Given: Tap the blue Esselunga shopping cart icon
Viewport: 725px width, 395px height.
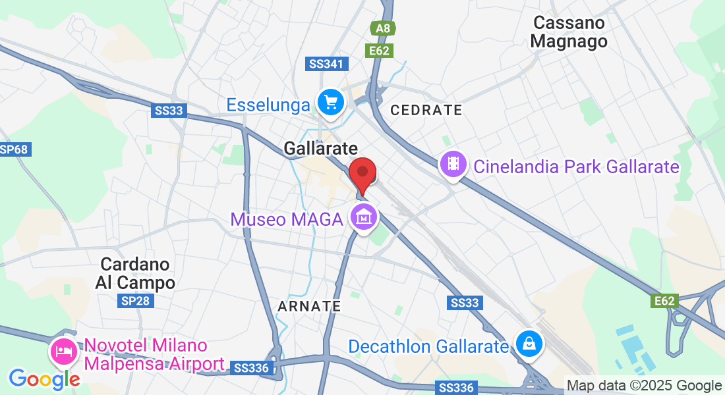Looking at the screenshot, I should click(330, 103).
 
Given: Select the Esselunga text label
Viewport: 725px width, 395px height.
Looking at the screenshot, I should click(268, 105).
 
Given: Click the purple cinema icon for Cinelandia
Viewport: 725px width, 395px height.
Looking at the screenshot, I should click(453, 164).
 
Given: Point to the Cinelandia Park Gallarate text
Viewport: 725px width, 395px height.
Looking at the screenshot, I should click(576, 167).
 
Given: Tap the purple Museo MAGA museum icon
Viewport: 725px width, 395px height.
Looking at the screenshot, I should click(363, 216).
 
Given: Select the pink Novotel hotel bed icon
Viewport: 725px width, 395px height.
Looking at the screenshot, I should click(63, 351).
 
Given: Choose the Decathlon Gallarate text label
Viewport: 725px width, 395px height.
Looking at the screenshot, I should click(429, 346).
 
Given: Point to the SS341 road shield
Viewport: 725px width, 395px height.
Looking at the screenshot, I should click(328, 64).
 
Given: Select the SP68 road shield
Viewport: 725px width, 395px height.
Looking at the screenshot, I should click(14, 149).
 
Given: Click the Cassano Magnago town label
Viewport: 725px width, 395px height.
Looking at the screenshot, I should click(569, 32).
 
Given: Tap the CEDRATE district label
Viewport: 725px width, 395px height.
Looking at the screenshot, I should click(426, 110).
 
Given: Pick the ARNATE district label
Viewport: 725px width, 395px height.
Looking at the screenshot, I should click(309, 306).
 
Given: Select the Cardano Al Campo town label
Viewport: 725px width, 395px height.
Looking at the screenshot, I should click(137, 273).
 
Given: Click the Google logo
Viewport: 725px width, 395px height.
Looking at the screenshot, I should click(43, 379).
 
